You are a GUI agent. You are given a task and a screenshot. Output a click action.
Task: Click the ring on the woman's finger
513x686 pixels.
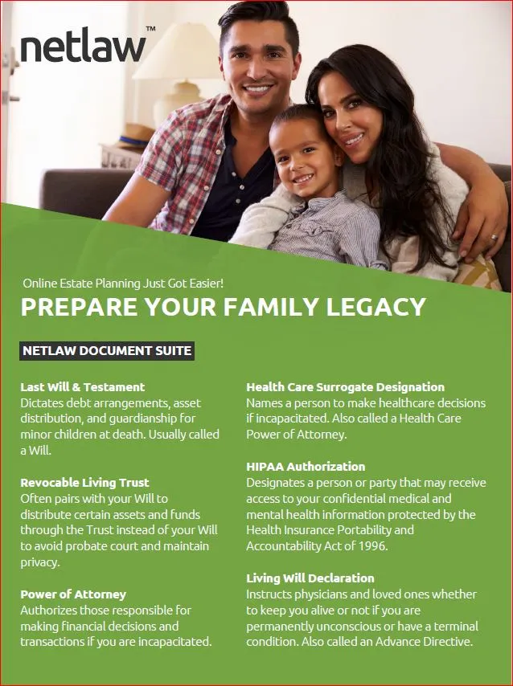494,239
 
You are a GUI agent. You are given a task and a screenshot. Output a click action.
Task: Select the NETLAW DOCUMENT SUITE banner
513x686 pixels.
107,351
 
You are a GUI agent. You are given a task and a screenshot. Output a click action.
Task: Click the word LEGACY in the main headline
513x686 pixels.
376,307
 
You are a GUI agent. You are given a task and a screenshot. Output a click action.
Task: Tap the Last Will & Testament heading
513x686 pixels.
82,387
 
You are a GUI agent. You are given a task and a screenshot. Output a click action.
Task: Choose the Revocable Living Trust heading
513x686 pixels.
84,483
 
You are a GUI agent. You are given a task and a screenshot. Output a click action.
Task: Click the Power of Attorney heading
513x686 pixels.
73,594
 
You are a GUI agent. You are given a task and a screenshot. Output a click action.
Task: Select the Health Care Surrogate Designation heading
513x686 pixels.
345,387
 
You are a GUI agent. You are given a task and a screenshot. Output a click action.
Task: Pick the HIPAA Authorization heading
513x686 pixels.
306,467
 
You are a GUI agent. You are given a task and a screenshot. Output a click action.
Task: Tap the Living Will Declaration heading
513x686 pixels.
310,578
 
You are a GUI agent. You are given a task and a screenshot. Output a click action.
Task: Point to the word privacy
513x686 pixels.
39,562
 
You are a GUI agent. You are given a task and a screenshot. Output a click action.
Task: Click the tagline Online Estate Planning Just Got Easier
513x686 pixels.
123,284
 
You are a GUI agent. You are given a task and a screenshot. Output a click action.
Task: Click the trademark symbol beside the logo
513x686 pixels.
150,29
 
